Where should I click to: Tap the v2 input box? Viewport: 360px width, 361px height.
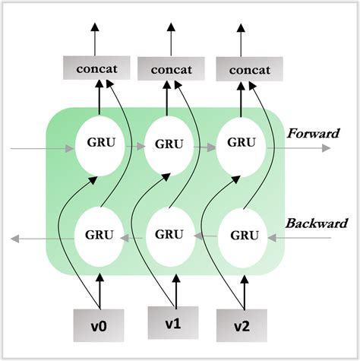(242, 325)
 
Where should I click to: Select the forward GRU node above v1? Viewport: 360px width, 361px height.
(170, 143)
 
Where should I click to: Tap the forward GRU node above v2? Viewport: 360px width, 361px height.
(241, 142)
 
